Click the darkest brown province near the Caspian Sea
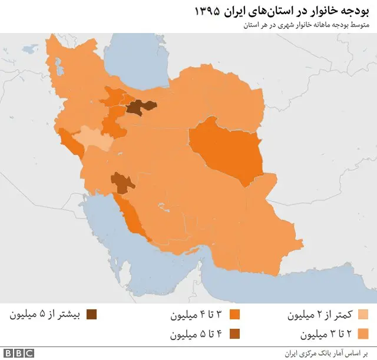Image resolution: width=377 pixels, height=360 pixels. click(140, 106)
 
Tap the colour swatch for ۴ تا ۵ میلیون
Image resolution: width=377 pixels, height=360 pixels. click(234, 335)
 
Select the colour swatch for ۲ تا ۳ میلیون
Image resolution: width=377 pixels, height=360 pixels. click(363, 335)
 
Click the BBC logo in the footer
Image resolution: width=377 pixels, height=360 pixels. click(20, 353)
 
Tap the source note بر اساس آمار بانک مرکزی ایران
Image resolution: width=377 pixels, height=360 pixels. click(325, 352)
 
